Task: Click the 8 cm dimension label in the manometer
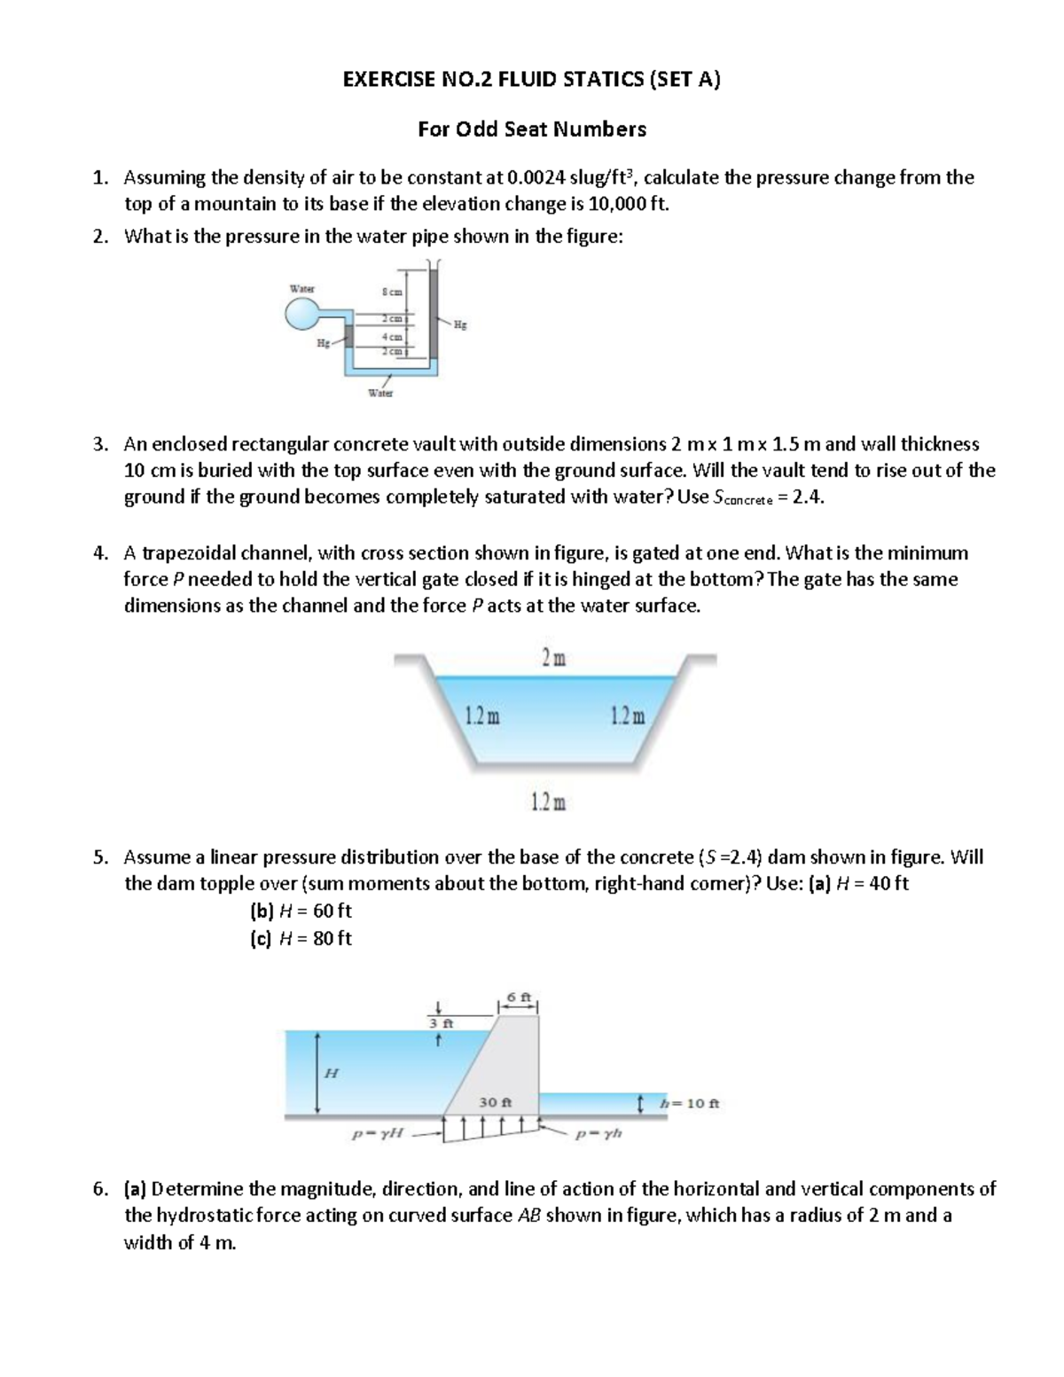[391, 292]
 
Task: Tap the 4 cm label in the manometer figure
[391, 337]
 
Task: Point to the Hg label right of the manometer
[458, 325]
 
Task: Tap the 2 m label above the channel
[554, 659]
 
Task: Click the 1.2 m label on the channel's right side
[629, 716]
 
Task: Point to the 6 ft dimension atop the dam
[520, 998]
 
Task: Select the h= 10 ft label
[690, 1104]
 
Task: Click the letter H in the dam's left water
[332, 1073]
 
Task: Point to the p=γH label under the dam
[377, 1133]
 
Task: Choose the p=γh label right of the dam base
[599, 1133]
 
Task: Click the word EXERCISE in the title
[388, 80]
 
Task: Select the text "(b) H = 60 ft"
[301, 911]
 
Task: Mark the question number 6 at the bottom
[99, 1189]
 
